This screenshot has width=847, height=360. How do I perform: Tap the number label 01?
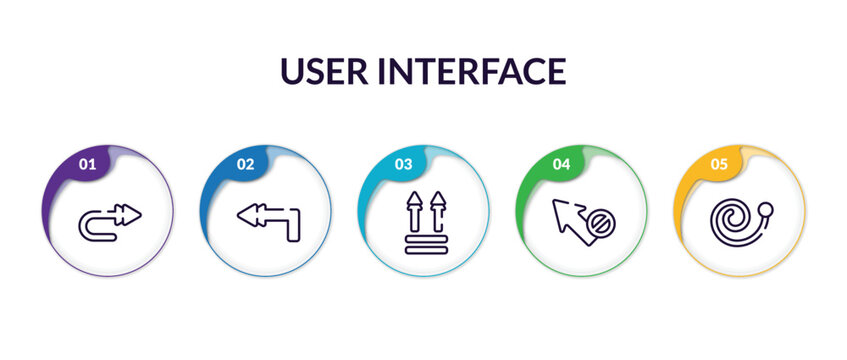pos(87,164)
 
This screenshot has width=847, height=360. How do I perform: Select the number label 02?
pos(245,164)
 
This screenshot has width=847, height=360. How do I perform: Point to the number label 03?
pos(403,164)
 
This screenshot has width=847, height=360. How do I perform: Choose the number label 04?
pos(561,164)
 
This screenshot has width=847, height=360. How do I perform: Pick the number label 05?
pos(719,164)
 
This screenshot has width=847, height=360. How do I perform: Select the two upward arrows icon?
pos(424,222)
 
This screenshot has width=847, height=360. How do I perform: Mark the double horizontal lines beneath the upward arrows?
pos(424,243)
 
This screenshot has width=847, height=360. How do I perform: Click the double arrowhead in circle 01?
pos(128,213)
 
